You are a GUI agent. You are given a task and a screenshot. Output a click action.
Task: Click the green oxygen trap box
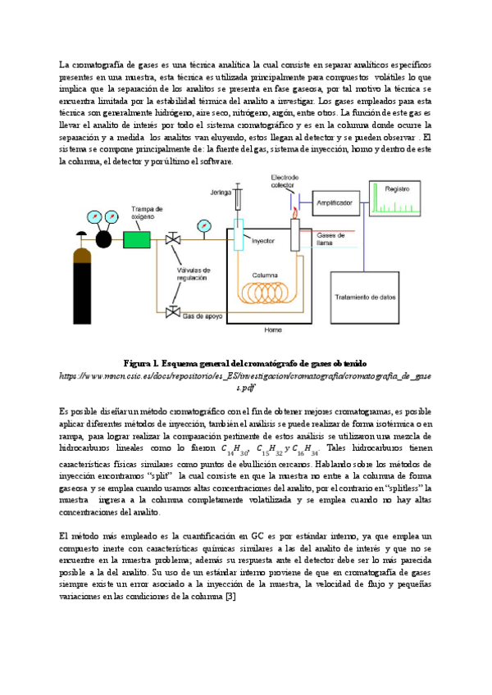(x=134, y=239)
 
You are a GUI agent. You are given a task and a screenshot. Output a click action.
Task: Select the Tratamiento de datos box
(x=366, y=296)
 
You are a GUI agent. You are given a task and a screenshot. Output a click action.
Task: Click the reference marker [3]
(x=232, y=596)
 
